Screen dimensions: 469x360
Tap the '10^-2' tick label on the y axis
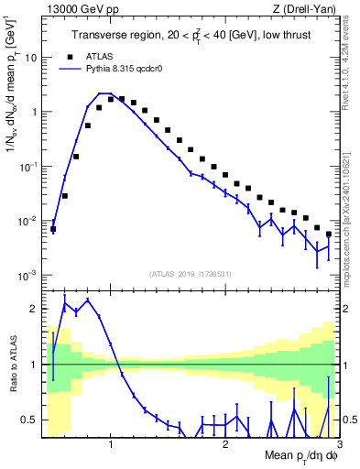point(27,221)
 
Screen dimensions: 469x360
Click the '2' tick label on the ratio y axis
point(33,309)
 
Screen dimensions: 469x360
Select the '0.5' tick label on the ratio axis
point(28,420)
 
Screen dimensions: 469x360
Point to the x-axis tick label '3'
point(340,444)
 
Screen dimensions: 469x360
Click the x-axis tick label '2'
point(225,444)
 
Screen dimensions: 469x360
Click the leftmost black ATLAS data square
point(53,229)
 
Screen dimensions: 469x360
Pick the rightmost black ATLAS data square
point(329,234)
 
